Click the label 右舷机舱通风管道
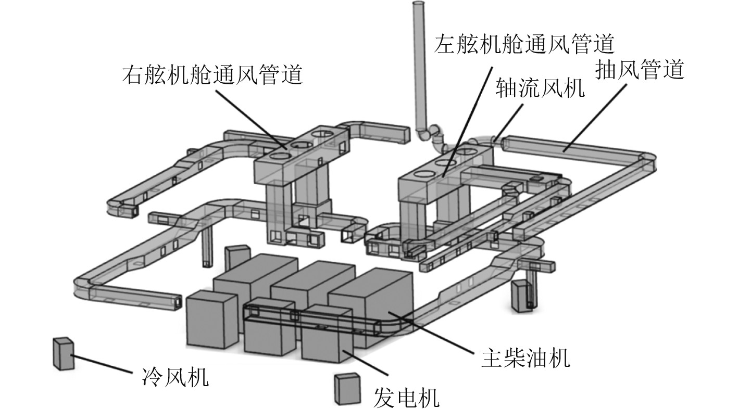[x=212, y=74]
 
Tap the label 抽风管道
[x=640, y=69]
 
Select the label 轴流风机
[x=540, y=87]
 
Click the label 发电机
[x=406, y=398]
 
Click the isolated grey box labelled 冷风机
[x=63, y=353]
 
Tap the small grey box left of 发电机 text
[x=347, y=389]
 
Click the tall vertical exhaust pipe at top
[x=420, y=66]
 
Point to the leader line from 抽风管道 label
[x=595, y=118]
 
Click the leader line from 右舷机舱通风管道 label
[x=252, y=120]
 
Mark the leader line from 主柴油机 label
[x=431, y=333]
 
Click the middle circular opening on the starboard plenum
[x=298, y=145]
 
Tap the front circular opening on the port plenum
[x=424, y=174]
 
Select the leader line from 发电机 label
[x=366, y=363]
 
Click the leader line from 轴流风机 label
[x=508, y=123]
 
